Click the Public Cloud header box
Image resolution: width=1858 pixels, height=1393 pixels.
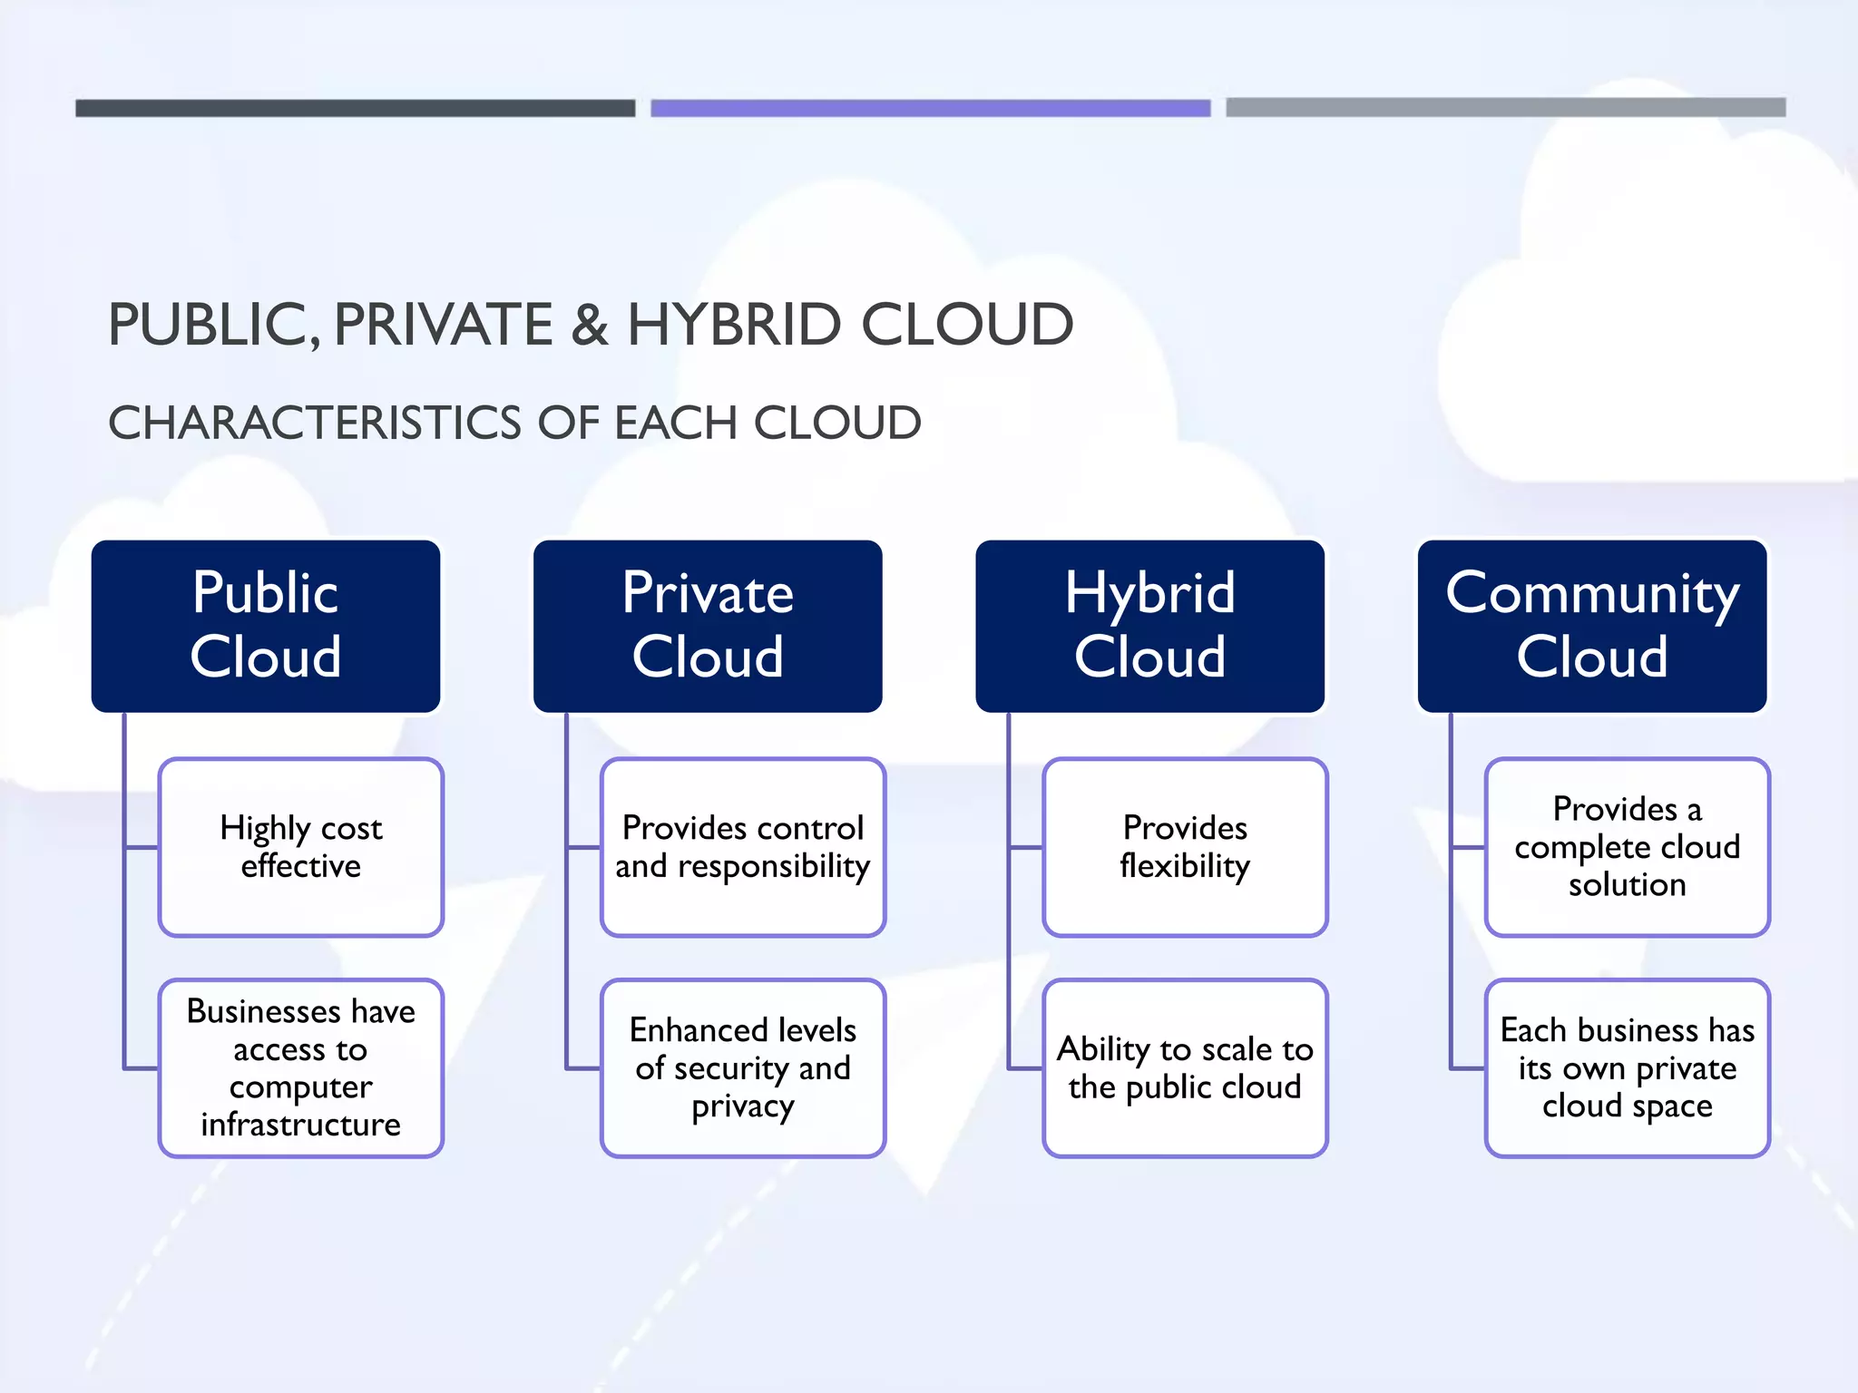(x=266, y=626)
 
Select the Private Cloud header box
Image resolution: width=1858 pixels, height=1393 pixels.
(x=708, y=626)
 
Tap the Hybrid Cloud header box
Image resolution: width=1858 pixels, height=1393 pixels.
(x=1149, y=626)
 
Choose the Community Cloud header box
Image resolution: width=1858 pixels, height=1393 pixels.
(x=1592, y=626)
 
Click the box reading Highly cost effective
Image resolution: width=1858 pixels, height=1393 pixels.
(x=301, y=847)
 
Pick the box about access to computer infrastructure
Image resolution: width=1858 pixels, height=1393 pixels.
(x=301, y=1067)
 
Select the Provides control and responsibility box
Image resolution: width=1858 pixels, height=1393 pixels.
(x=743, y=847)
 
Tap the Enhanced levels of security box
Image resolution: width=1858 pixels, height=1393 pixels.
(x=743, y=1067)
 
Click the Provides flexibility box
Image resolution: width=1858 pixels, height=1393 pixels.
(x=1185, y=847)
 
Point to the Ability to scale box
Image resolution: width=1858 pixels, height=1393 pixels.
(x=1185, y=1067)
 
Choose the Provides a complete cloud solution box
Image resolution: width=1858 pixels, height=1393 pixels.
(x=1628, y=847)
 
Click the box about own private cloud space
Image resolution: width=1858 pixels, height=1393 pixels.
(x=1628, y=1067)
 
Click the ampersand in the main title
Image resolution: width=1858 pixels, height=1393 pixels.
(x=590, y=325)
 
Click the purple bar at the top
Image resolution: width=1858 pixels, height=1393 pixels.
(x=930, y=108)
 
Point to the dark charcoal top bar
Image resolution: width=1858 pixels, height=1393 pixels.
(x=355, y=108)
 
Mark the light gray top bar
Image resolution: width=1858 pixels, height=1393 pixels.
(x=1505, y=107)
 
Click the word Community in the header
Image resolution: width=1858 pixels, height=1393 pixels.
(x=1592, y=595)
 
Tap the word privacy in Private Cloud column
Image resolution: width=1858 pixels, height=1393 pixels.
(x=743, y=1106)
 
